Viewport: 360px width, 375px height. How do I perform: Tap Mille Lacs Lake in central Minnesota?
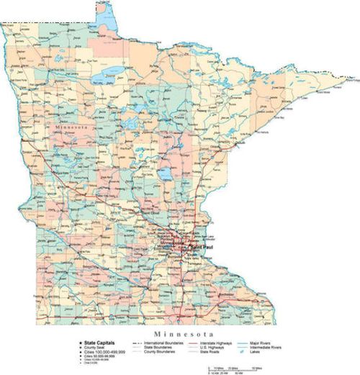tap(166, 175)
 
